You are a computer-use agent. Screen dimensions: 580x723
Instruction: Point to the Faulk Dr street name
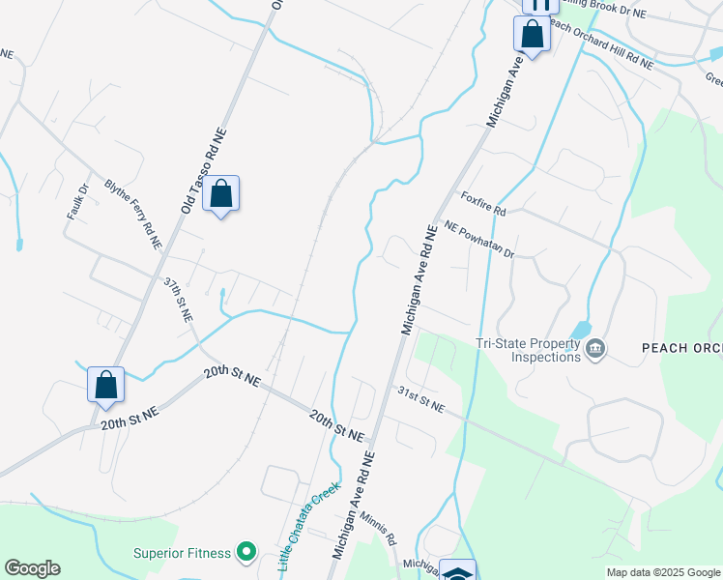(x=77, y=199)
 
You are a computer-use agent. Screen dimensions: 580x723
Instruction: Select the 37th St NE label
(x=179, y=301)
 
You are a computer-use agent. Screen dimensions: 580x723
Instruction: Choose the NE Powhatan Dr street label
(x=479, y=240)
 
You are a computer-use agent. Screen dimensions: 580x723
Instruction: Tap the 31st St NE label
(x=421, y=400)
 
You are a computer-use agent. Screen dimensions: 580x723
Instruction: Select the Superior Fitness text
(x=183, y=553)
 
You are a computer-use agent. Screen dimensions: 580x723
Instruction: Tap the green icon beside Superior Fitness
(x=246, y=552)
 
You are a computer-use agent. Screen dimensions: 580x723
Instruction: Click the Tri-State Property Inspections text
(x=528, y=349)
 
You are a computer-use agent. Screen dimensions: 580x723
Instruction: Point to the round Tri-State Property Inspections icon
(x=595, y=348)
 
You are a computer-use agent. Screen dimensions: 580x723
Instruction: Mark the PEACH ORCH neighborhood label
(x=681, y=347)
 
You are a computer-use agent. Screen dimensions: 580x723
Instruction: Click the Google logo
(x=32, y=568)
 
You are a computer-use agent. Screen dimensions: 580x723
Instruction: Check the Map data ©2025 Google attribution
(x=663, y=572)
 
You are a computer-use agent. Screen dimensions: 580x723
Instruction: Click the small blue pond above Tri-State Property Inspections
(x=581, y=330)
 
